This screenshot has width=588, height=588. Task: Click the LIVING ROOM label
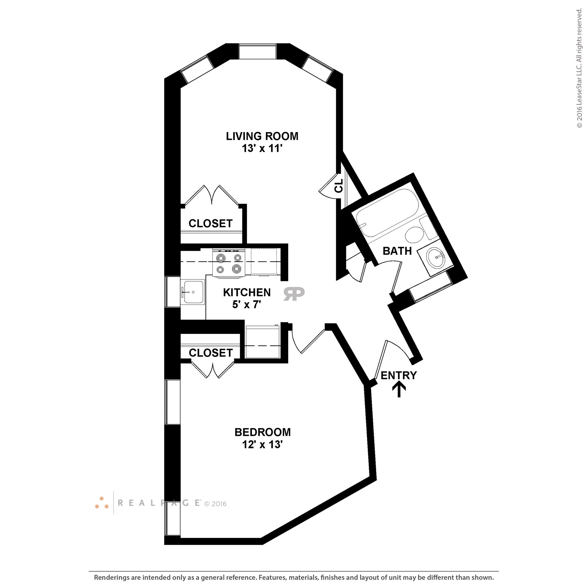[x=262, y=136]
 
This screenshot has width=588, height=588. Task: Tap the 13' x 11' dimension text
[x=262, y=149]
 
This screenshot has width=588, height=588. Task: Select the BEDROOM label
[x=262, y=432]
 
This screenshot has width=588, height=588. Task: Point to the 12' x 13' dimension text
[x=262, y=445]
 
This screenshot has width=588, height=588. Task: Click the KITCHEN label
[x=247, y=293]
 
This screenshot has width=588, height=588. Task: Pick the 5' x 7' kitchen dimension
[x=247, y=305]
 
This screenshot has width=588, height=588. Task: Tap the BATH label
[x=397, y=251]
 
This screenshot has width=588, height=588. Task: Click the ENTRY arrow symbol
[x=399, y=390]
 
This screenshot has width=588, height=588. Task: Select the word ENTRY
[x=399, y=376]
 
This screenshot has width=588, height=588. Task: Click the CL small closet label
[x=339, y=186]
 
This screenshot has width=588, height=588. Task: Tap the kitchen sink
[x=192, y=292]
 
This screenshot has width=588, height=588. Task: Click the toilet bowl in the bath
[x=413, y=235]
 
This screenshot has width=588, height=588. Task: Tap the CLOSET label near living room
[x=210, y=223]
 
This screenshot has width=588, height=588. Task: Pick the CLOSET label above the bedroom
[x=211, y=353]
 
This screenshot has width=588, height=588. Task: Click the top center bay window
[x=257, y=51]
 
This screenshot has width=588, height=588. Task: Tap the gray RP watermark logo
[x=294, y=294]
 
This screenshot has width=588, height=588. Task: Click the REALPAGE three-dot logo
[x=102, y=503]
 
